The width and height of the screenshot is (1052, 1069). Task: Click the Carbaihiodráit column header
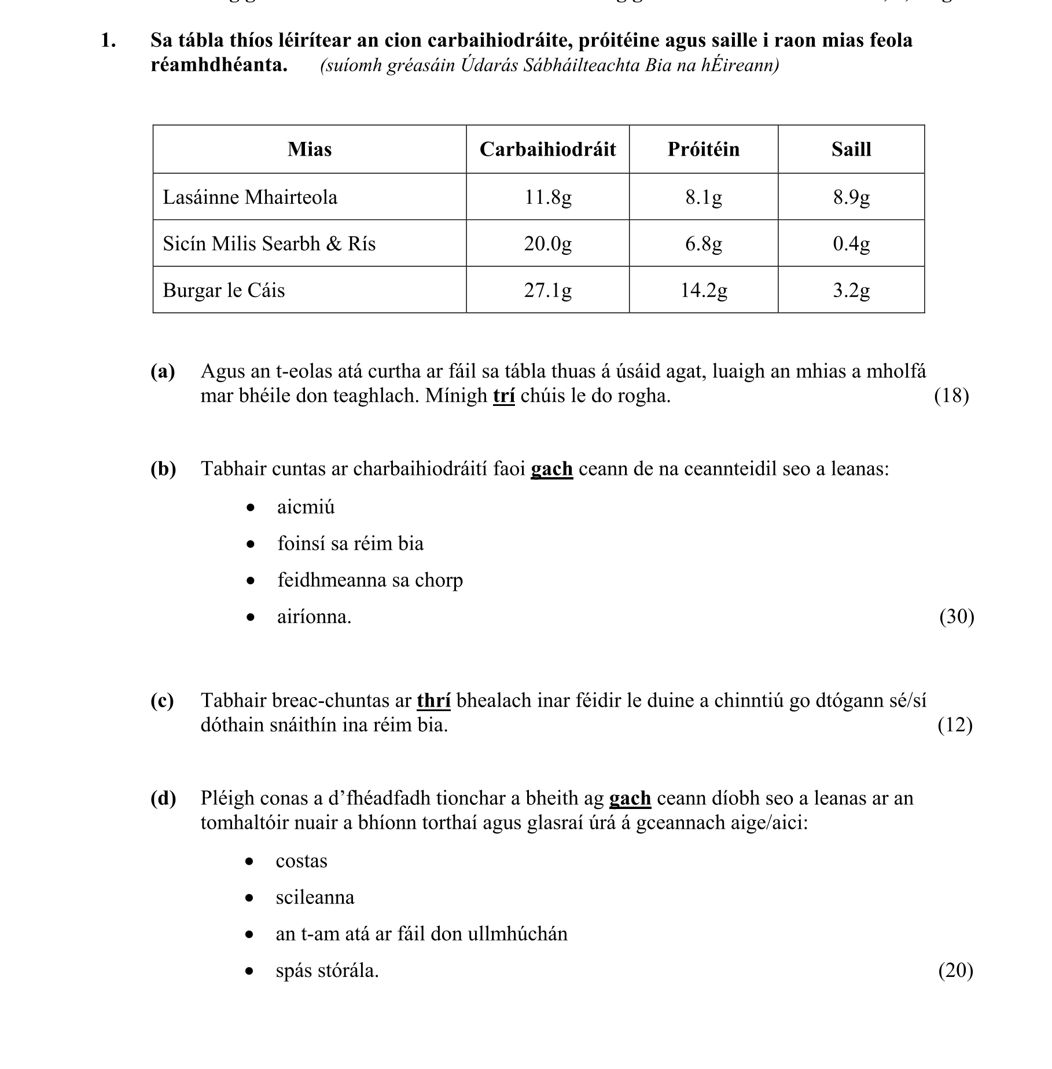[547, 149]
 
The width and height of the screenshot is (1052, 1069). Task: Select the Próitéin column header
[703, 149]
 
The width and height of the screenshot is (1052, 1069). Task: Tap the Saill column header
[851, 149]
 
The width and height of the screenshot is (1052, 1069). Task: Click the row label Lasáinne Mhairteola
[250, 197]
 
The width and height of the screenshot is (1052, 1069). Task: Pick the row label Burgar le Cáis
[224, 290]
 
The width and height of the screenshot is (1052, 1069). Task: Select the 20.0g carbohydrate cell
[547, 243]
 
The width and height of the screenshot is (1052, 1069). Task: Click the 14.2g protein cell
[703, 290]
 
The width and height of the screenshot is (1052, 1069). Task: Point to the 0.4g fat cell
[851, 243]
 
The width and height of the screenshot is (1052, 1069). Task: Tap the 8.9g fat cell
[851, 197]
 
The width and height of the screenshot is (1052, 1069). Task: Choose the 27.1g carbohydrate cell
[547, 290]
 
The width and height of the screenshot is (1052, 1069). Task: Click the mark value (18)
[951, 396]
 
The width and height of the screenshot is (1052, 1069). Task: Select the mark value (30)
[957, 617]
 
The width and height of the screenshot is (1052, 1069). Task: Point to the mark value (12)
[955, 725]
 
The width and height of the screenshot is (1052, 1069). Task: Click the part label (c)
[163, 701]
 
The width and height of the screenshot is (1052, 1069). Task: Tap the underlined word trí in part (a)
[503, 396]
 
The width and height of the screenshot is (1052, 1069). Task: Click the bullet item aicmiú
[306, 507]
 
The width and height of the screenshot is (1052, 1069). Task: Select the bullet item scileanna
[315, 898]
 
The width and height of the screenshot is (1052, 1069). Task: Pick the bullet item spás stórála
[327, 971]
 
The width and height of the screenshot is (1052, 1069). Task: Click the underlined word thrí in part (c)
[433, 701]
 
